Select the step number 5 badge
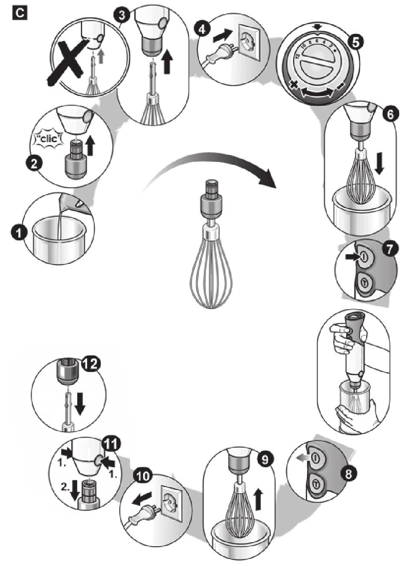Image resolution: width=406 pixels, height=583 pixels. (356, 41)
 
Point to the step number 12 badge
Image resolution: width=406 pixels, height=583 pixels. (90, 364)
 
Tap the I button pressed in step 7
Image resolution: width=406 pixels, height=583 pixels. (364, 256)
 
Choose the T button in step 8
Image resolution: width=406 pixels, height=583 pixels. (316, 484)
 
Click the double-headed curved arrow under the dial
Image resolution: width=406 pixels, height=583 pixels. (317, 93)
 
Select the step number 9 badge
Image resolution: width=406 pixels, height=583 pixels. (264, 459)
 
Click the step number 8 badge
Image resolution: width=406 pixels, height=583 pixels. (349, 474)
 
